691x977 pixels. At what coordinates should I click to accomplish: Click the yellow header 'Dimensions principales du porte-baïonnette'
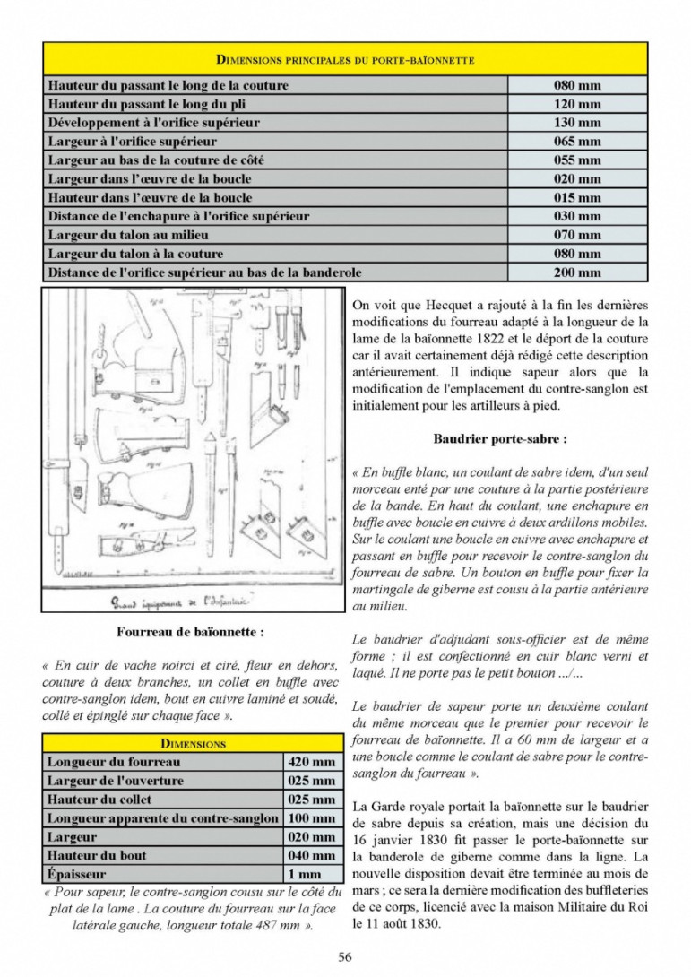pos(345,59)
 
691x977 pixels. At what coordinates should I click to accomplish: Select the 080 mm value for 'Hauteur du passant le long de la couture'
pos(577,85)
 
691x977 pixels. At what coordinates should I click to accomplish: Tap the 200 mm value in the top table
pos(577,272)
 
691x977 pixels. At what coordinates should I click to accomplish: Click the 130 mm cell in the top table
pos(577,123)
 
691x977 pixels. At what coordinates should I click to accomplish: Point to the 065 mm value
pos(577,142)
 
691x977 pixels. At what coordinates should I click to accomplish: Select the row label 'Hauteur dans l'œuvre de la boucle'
pos(150,197)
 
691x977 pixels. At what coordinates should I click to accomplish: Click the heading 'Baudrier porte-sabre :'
pos(500,439)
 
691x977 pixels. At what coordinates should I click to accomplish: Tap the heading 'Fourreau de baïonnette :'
pos(191,632)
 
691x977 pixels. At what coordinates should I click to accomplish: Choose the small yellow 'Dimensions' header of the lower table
pos(193,743)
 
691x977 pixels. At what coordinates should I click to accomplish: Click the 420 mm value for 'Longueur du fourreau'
pos(312,762)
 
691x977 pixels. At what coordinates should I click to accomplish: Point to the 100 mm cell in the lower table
pos(312,818)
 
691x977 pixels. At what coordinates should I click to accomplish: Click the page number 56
pos(345,956)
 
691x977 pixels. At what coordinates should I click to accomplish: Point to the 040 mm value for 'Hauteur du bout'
pos(312,855)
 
